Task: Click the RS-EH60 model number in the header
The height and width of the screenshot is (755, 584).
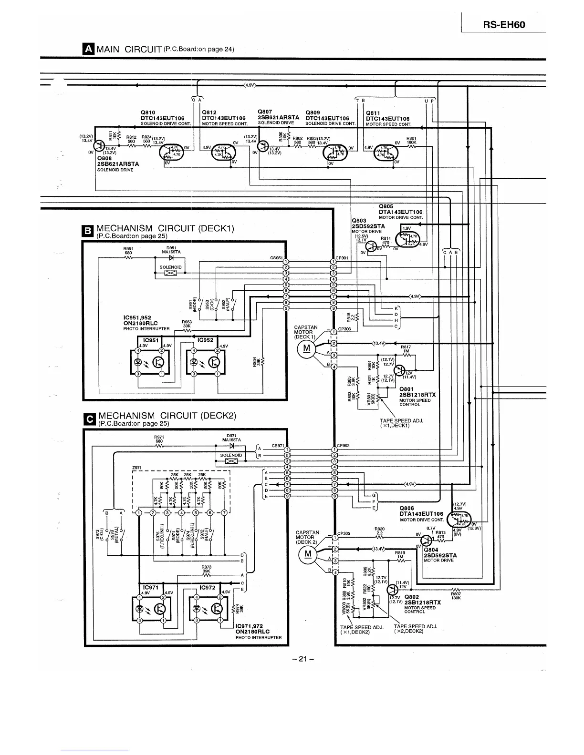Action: [x=504, y=24]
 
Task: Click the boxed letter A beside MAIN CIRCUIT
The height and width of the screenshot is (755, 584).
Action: [x=88, y=49]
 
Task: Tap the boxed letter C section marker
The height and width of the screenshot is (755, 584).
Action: [x=89, y=418]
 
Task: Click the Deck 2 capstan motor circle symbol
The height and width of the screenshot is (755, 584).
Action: [x=308, y=554]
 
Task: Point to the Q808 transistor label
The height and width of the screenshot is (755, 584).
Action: [x=104, y=158]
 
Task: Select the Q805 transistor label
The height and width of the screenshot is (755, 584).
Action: [x=386, y=206]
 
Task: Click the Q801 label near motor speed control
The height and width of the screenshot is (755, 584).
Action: [x=407, y=389]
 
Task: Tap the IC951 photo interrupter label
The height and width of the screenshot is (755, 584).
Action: [x=151, y=340]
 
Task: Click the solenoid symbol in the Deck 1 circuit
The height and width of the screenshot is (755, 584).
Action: [x=170, y=273]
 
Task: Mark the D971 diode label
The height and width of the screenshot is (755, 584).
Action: [x=231, y=436]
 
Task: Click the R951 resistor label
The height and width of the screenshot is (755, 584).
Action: [x=128, y=248]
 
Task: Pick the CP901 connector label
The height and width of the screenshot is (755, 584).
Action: [x=343, y=258]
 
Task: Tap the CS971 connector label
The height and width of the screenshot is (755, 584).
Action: [x=278, y=445]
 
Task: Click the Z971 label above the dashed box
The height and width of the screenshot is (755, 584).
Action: [x=136, y=468]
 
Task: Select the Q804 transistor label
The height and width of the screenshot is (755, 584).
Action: [x=431, y=550]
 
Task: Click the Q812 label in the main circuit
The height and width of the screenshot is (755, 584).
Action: [x=210, y=112]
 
